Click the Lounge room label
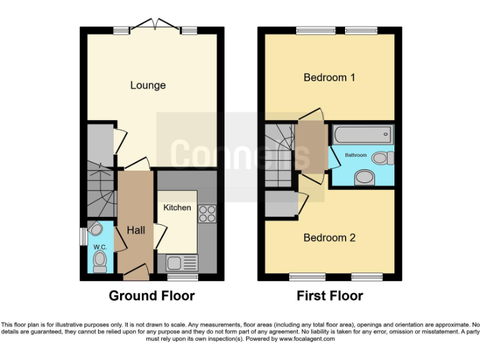[148, 85]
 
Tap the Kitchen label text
[177, 207]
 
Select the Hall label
[136, 231]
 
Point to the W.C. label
[100, 247]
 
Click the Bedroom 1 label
[329, 77]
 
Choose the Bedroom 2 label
[329, 237]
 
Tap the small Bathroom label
[356, 154]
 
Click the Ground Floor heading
[152, 296]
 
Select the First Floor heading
[329, 296]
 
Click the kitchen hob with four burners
[207, 214]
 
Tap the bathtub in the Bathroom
[362, 134]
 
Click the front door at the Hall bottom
[136, 270]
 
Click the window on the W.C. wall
[82, 237]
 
